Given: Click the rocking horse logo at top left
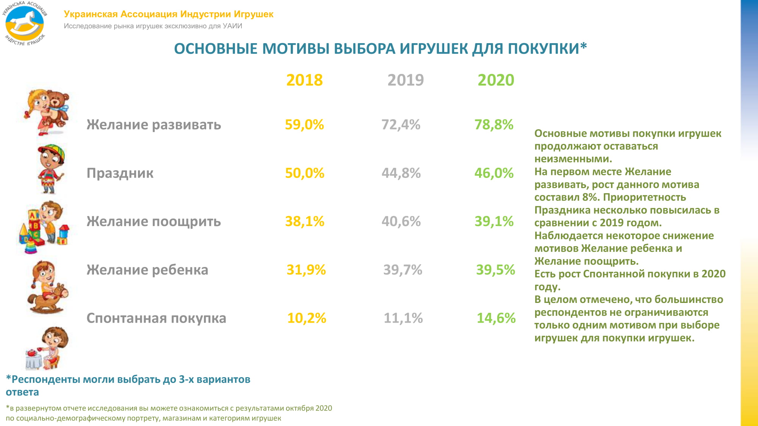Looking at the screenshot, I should point(25,23).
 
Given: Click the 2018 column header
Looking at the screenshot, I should point(304,80).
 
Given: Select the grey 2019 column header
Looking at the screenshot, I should point(406,80).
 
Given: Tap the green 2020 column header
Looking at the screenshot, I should point(496,80).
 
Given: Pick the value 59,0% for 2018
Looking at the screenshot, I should point(304,125).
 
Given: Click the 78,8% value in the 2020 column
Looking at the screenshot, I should point(494,125).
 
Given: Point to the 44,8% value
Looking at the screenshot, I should point(401,173).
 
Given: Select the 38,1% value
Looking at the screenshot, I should point(304,222).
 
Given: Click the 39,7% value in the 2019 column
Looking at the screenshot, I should point(402,270).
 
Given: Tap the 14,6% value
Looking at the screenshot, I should point(496,318).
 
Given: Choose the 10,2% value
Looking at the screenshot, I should point(306,318).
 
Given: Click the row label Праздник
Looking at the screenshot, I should point(120,173).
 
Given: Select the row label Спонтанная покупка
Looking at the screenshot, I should point(156,318).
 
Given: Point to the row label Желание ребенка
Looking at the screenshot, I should point(147,270).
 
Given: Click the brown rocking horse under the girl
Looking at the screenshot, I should point(49,299).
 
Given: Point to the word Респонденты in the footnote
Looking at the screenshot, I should point(45,379).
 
